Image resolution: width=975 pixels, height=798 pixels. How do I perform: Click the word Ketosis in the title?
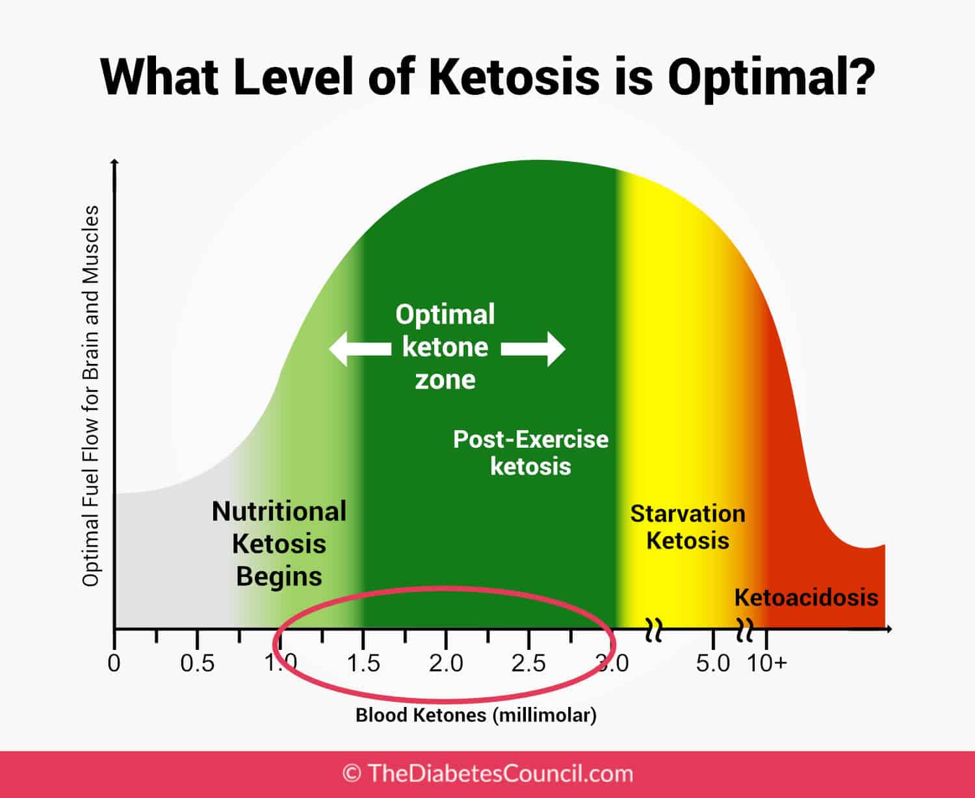[x=514, y=77]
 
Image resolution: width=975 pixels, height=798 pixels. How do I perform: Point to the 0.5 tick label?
[x=197, y=663]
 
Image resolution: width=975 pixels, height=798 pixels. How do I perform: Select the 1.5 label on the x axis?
[x=363, y=663]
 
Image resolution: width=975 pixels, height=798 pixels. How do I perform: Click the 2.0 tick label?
[x=446, y=663]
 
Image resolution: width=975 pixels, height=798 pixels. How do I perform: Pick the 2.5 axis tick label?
[x=528, y=663]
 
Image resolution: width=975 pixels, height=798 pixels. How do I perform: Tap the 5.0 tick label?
[x=713, y=663]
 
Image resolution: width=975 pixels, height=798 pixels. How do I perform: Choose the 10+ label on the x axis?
[x=767, y=663]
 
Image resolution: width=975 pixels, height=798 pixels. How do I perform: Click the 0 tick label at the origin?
[x=114, y=663]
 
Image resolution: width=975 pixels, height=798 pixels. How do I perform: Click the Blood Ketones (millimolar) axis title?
[x=476, y=715]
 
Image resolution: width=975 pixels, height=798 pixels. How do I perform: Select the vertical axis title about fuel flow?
[x=90, y=396]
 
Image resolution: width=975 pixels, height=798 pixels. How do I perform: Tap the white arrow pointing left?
[x=359, y=349]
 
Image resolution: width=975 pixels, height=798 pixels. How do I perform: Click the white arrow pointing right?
[x=534, y=349]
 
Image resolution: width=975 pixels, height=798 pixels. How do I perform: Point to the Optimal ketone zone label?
[x=445, y=347]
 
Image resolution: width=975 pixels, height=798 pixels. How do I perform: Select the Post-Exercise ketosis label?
[x=530, y=453]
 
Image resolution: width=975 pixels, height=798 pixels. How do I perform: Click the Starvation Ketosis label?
[x=688, y=527]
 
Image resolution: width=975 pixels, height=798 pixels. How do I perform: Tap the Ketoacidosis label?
[x=806, y=597]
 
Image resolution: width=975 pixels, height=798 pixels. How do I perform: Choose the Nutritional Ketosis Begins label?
[x=279, y=544]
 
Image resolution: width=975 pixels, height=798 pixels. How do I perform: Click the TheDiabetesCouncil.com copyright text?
[x=487, y=773]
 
